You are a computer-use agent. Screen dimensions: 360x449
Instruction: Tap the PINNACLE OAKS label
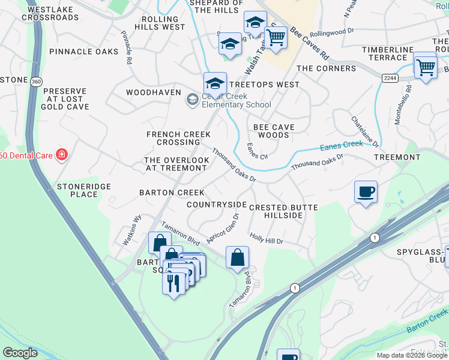(84, 52)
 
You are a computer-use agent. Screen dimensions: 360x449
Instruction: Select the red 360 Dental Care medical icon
(61, 155)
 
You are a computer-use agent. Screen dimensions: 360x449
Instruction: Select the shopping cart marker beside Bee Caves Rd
(276, 37)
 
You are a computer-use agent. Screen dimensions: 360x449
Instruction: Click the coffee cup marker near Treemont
(366, 192)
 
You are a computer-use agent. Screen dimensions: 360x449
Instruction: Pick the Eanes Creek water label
(341, 144)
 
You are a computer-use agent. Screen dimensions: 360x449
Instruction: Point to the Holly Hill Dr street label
(266, 238)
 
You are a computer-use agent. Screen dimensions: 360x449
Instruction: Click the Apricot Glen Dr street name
(223, 226)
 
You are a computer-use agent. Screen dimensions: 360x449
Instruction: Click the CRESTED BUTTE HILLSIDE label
(283, 211)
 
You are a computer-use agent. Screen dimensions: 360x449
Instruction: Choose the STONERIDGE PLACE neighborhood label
(84, 190)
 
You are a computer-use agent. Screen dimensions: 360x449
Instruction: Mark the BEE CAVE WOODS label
(279, 131)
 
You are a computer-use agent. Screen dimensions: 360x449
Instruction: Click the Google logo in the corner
(20, 353)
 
